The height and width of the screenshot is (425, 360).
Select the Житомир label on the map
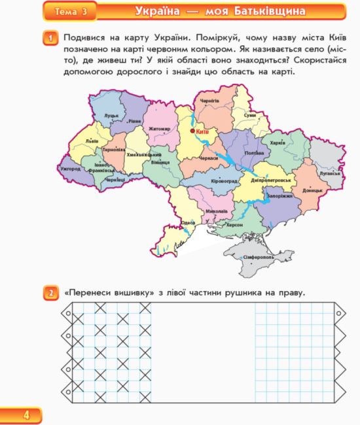(159, 129)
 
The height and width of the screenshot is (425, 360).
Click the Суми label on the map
(249, 115)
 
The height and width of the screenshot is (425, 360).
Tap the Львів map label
(92, 141)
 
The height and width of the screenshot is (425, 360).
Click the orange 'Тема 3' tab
(71, 11)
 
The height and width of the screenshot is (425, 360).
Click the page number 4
(26, 415)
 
